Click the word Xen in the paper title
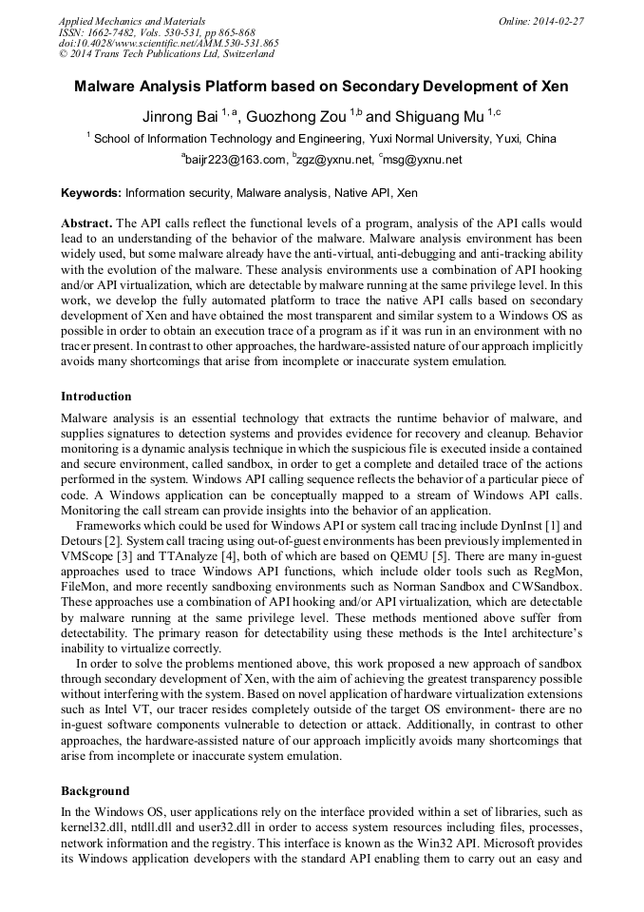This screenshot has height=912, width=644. [554, 87]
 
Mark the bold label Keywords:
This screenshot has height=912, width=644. [91, 193]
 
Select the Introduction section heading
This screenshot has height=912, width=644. [96, 397]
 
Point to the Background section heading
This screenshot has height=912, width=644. [95, 791]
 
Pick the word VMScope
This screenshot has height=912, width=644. [90, 554]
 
